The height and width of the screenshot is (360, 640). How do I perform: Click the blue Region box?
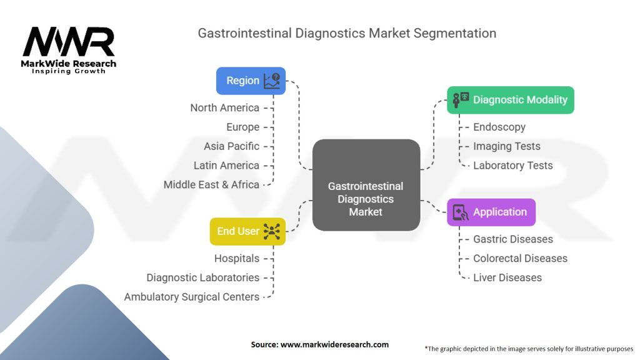coord(251,81)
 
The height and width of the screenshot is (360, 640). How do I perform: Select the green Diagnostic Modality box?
coord(510,100)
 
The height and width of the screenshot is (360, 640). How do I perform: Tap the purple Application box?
coord(491,212)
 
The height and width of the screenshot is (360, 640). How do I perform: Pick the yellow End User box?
coord(247,231)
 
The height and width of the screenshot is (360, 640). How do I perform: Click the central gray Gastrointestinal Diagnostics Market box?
coord(366,185)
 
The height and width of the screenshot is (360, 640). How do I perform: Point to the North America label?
coord(224,107)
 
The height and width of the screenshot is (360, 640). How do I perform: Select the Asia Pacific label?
coord(231,146)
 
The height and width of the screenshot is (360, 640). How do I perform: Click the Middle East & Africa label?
coord(211,184)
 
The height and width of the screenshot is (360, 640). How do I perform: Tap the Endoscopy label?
coord(499,127)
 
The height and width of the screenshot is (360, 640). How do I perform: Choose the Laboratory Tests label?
coord(512,165)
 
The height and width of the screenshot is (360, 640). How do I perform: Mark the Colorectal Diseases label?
coord(520,258)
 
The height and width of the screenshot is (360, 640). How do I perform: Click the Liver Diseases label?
coord(507,277)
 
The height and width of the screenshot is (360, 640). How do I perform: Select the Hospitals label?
coord(237,258)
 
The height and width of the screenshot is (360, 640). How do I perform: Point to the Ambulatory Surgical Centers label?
coord(191,297)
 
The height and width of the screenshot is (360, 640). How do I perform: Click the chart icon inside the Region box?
coord(272,81)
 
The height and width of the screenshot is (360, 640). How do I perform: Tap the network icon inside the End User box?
coord(272,231)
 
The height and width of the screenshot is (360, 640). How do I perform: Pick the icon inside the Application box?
coord(461,212)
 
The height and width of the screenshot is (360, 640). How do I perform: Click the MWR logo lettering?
coord(69,42)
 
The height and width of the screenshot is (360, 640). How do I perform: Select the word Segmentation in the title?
coord(455,34)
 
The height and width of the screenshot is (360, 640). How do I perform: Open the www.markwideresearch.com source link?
coord(334,344)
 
